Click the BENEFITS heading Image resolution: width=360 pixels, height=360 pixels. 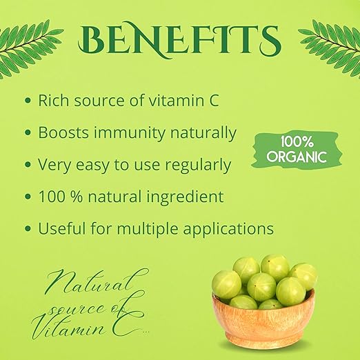(x=179, y=39)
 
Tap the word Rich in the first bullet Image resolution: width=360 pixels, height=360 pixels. (x=53, y=100)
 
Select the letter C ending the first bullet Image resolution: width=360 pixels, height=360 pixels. (x=214, y=101)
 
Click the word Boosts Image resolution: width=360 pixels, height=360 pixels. (x=63, y=132)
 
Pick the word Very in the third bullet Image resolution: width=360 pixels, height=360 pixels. (x=54, y=166)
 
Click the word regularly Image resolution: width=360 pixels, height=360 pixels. (x=198, y=166)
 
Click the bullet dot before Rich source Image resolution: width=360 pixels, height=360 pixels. (x=28, y=101)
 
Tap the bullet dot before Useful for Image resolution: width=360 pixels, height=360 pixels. (x=28, y=228)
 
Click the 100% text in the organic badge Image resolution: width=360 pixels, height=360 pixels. (x=297, y=142)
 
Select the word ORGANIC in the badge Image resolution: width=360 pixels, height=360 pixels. (x=297, y=157)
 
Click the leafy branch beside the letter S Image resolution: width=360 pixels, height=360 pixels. (x=330, y=48)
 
